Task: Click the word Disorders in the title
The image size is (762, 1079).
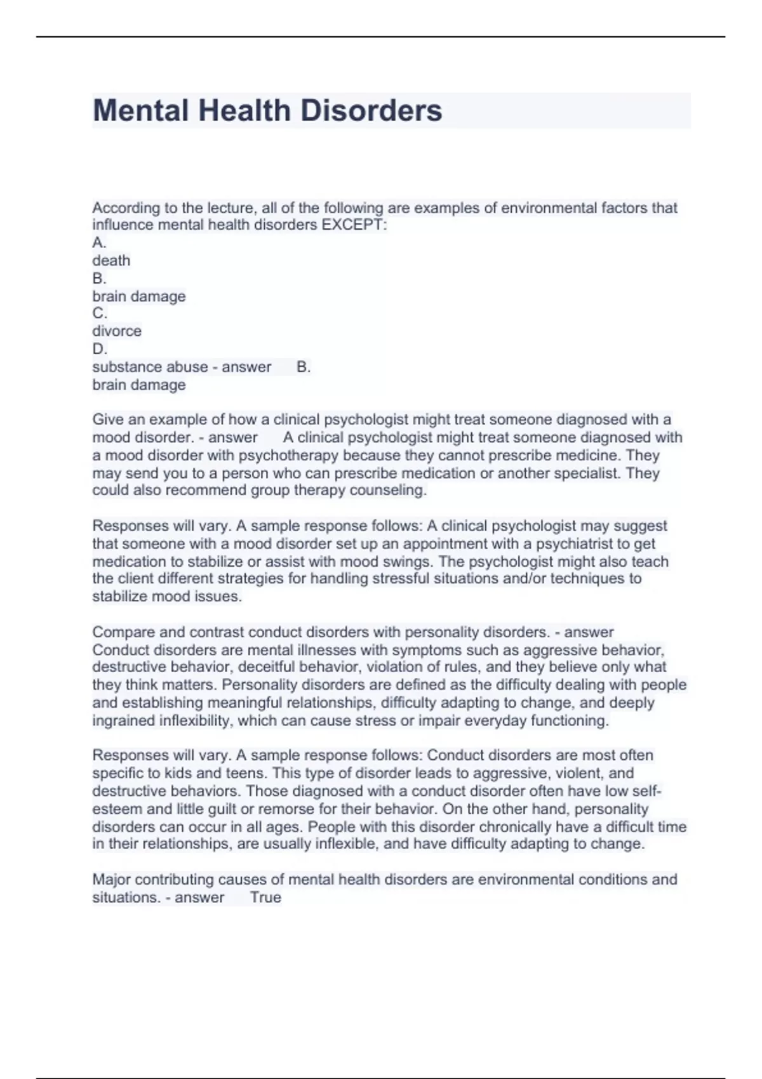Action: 371,110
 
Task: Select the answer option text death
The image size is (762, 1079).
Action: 111,260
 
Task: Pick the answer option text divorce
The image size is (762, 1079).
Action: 117,331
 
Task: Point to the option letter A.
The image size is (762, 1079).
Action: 99,242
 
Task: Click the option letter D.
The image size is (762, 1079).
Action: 99,348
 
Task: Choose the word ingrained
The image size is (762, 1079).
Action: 123,720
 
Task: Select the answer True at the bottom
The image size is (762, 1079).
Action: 265,897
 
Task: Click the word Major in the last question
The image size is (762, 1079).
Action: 111,880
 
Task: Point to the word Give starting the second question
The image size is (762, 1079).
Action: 107,420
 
